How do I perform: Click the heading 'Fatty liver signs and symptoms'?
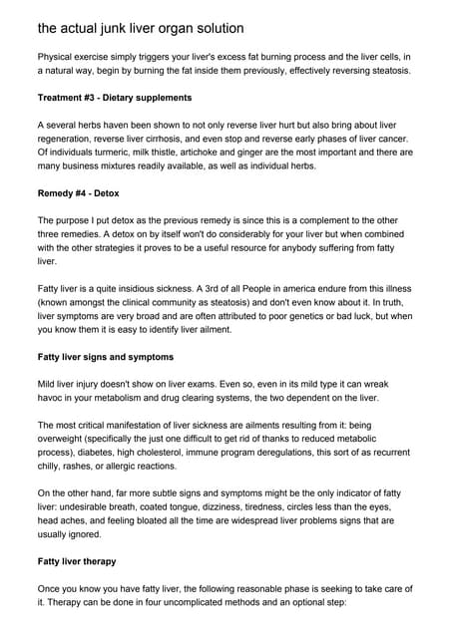click(106, 356)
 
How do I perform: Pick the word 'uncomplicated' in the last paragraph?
click(232, 604)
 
